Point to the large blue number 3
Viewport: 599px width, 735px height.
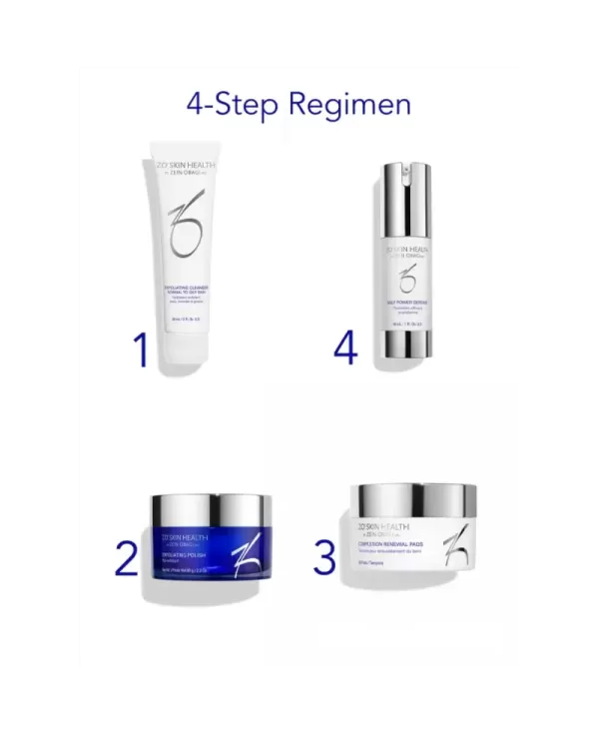point(323,556)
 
